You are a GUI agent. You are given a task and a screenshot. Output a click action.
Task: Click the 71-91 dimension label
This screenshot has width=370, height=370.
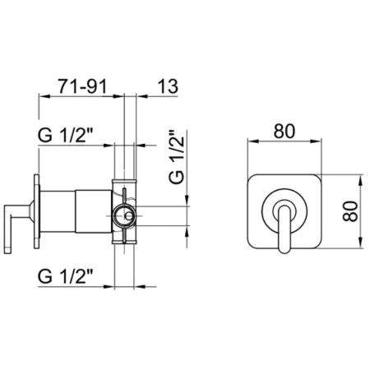point(81,86)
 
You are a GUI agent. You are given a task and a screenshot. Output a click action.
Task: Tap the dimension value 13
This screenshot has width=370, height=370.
point(168,86)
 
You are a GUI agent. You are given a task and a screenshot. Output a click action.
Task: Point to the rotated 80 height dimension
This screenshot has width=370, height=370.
point(350,211)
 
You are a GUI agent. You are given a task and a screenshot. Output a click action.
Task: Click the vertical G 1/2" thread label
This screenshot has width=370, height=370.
point(177,156)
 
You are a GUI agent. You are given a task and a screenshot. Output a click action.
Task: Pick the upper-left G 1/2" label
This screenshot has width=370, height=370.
point(66,136)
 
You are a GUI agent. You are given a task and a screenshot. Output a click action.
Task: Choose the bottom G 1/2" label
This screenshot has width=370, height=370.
point(66,276)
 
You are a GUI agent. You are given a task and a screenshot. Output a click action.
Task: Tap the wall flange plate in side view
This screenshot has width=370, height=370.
point(36,211)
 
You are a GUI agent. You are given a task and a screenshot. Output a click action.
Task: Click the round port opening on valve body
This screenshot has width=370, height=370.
point(125,215)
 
